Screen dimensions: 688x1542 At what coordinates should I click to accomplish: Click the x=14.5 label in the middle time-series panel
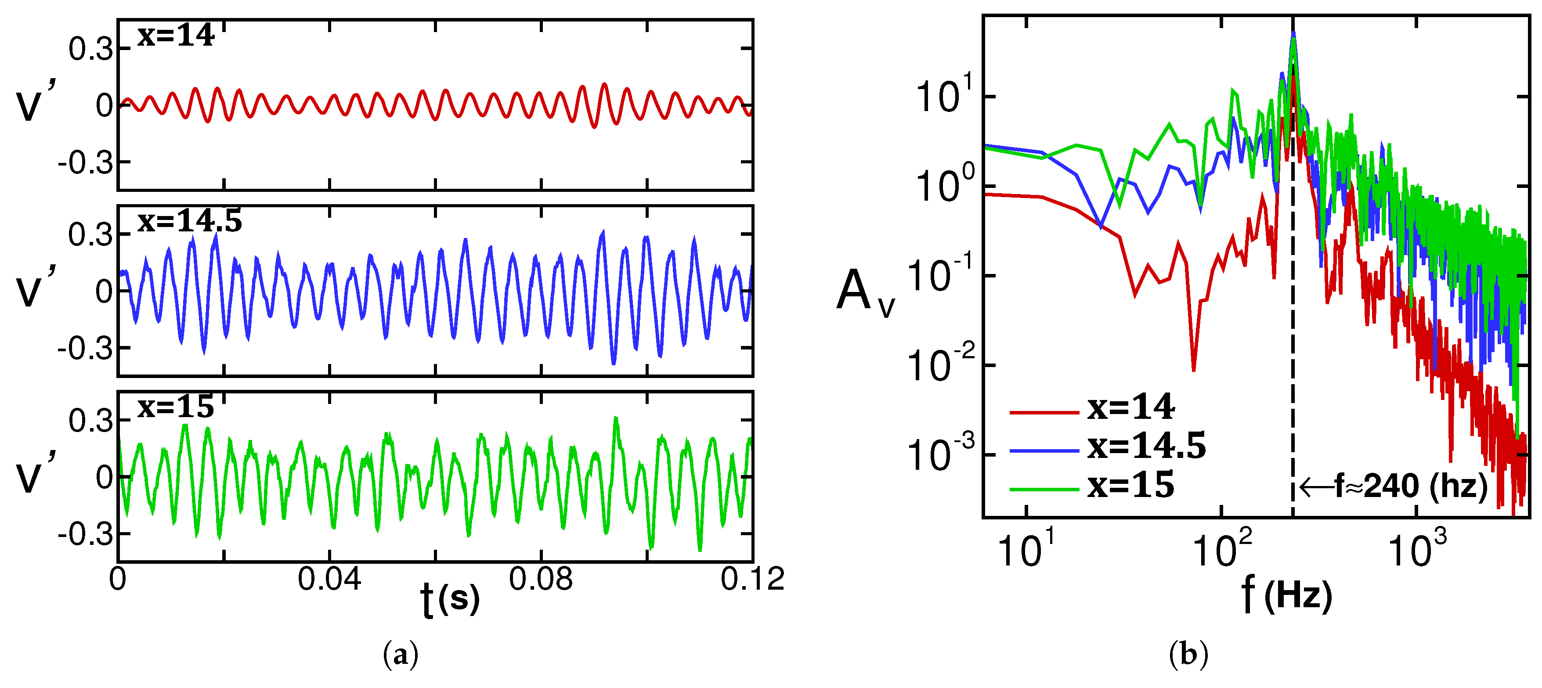pyautogui.click(x=189, y=222)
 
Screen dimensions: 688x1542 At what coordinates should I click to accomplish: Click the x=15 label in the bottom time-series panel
pyautogui.click(x=175, y=408)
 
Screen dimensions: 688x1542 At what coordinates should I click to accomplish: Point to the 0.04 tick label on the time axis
pyautogui.click(x=329, y=579)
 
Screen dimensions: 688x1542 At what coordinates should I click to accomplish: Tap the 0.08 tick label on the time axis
pyautogui.click(x=541, y=579)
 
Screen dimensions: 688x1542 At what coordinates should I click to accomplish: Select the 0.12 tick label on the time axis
pyautogui.click(x=752, y=579)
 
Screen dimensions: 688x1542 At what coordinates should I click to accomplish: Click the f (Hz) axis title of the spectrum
pyautogui.click(x=1287, y=595)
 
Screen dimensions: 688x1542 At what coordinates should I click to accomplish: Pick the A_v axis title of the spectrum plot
pyautogui.click(x=865, y=292)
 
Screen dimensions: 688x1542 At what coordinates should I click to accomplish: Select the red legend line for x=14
pyautogui.click(x=1044, y=412)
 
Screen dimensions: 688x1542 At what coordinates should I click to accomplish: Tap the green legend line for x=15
pyautogui.click(x=1044, y=490)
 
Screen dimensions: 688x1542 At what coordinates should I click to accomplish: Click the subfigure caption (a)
pyautogui.click(x=400, y=655)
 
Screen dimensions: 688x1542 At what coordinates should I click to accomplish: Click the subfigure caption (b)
pyautogui.click(x=1188, y=655)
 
